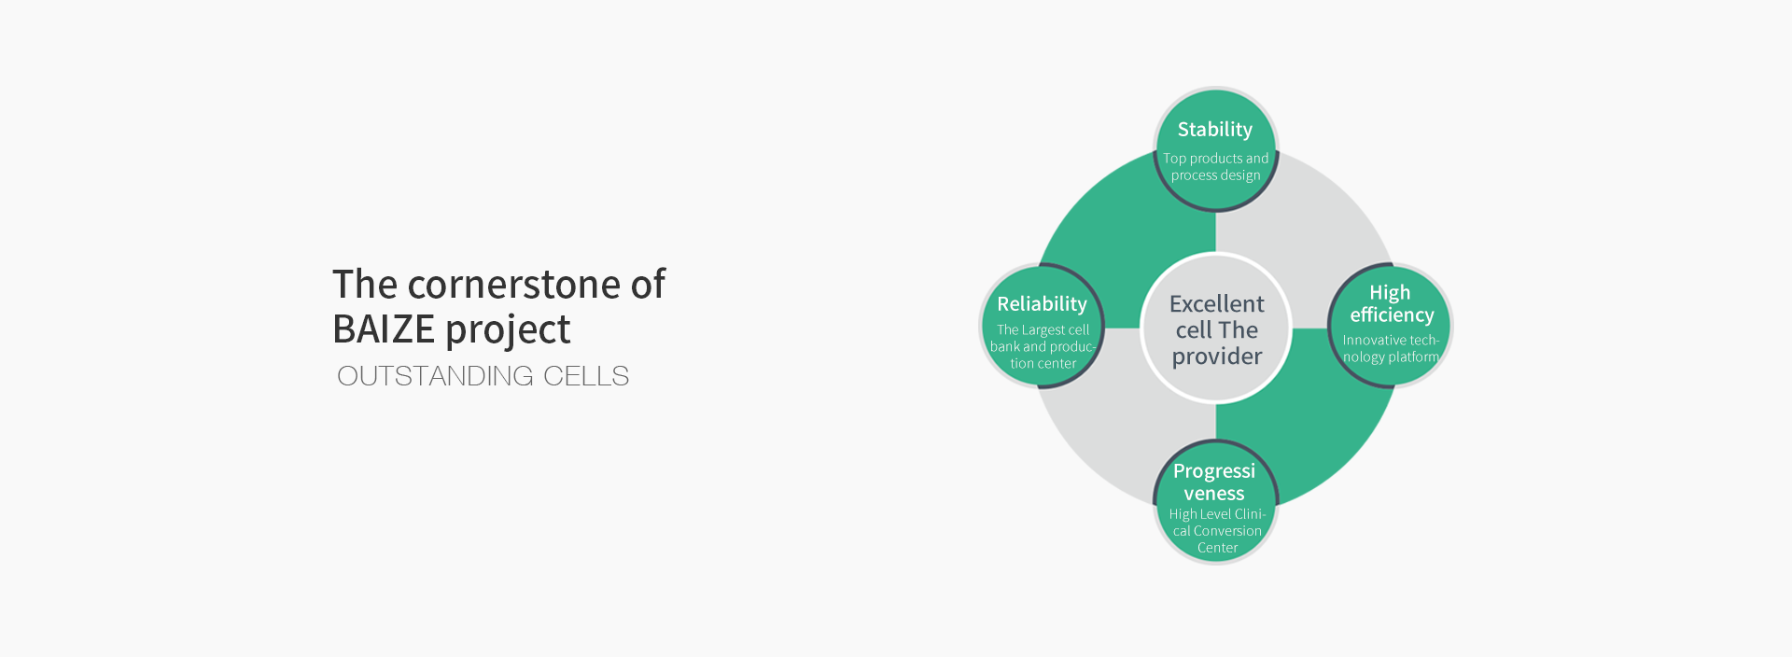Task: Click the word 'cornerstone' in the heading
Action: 514,285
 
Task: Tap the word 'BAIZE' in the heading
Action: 384,329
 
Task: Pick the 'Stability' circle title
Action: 1214,130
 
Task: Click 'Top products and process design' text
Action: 1216,167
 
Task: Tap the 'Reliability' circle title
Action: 1042,304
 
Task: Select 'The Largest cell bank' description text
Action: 1043,346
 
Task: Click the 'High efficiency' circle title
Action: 1392,304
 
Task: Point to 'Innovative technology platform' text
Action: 1391,349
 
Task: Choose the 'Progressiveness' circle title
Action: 1214,482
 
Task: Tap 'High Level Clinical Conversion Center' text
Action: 1217,531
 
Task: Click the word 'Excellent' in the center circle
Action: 1217,304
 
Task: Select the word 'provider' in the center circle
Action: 1217,357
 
